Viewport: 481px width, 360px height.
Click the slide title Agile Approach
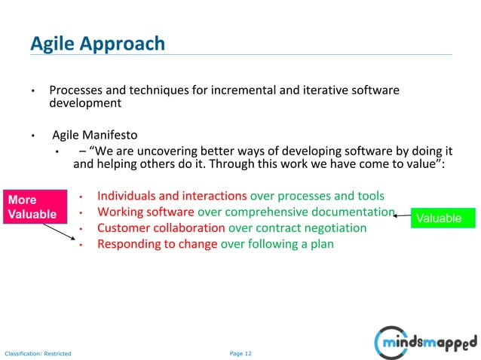[97, 44]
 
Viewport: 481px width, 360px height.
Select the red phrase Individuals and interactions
[172, 196]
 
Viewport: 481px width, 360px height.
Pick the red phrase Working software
[146, 212]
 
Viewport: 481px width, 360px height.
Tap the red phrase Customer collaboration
[161, 228]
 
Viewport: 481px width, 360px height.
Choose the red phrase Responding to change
[157, 244]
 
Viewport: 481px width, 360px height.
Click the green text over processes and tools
[317, 196]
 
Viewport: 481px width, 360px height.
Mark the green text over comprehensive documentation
[296, 212]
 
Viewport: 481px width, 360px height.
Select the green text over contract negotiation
[297, 228]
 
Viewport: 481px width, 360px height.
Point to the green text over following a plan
[277, 244]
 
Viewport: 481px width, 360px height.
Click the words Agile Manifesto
[94, 136]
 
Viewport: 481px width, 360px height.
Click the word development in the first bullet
[85, 103]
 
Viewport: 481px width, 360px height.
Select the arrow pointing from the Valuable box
[403, 215]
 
